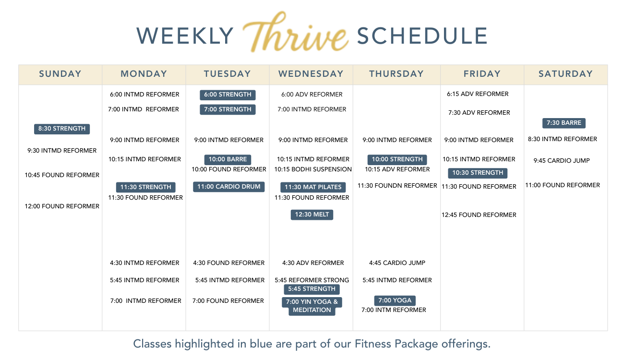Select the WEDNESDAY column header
click(x=311, y=74)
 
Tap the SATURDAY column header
click(x=565, y=74)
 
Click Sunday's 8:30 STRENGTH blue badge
click(x=62, y=129)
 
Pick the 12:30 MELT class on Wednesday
click(x=312, y=215)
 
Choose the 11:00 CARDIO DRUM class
click(x=228, y=187)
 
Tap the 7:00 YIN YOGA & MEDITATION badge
click(x=312, y=306)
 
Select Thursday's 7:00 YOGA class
click(x=395, y=300)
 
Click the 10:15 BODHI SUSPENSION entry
click(x=313, y=169)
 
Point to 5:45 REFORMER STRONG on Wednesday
click(x=312, y=280)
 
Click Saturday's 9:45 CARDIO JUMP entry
click(x=562, y=160)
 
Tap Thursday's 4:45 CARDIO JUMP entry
click(x=397, y=263)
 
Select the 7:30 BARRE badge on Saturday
click(x=564, y=123)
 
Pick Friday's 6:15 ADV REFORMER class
click(x=478, y=94)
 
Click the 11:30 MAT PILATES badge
click(x=313, y=187)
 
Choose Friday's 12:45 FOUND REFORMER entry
click(x=479, y=215)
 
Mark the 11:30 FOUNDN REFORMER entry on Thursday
click(x=397, y=186)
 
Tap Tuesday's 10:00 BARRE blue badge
click(x=228, y=159)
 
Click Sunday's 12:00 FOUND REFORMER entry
click(x=62, y=206)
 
